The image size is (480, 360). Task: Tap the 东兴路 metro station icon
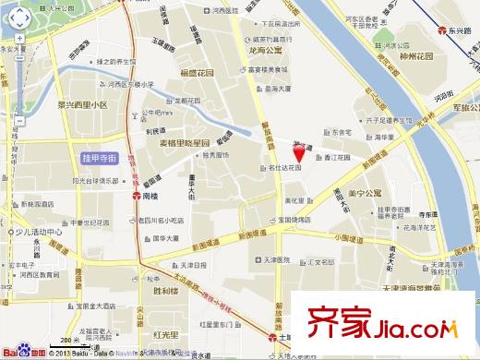[x=442, y=30]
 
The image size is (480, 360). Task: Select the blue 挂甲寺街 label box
[x=99, y=159]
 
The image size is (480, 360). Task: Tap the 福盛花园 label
[x=197, y=72]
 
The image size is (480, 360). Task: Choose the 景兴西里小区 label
[x=82, y=104]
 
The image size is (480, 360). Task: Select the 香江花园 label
[x=338, y=158]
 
